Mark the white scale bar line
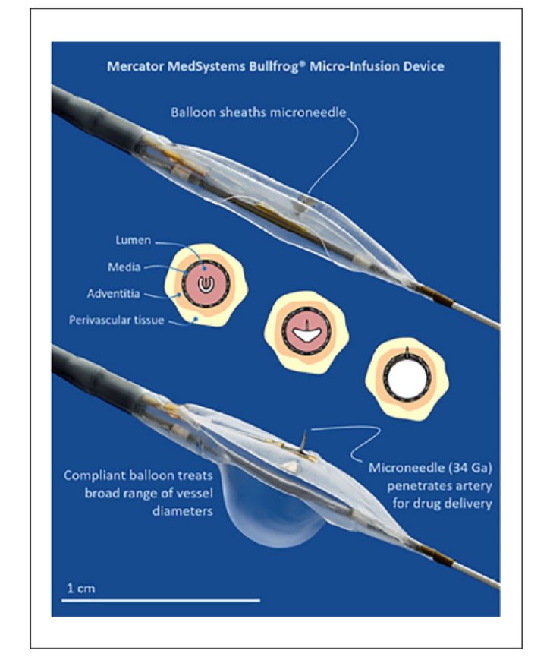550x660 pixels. click(x=160, y=600)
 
